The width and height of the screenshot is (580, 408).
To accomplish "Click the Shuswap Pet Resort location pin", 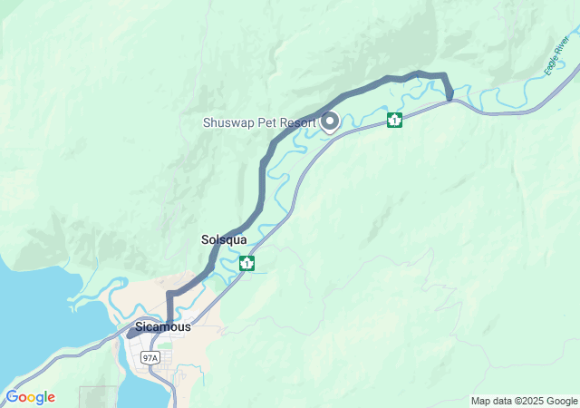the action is (x=329, y=121).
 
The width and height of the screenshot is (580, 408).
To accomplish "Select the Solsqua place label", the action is (x=223, y=240).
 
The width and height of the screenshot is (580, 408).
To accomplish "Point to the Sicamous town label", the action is (x=162, y=326).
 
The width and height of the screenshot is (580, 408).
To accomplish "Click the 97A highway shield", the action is (x=150, y=358).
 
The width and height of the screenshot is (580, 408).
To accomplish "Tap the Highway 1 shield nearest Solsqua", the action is (x=246, y=263).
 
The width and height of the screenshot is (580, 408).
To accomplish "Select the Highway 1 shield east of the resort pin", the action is (x=394, y=120).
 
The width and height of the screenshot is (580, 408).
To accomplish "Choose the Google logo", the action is (x=30, y=397).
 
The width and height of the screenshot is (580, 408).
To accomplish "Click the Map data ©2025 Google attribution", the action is (x=524, y=401).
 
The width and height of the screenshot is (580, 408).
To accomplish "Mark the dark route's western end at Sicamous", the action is (x=132, y=334).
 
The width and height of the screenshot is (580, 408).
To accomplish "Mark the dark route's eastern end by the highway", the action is (x=449, y=95).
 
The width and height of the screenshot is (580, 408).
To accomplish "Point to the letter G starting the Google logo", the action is (x=12, y=397).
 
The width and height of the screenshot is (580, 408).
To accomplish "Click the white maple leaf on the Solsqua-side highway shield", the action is (x=246, y=263).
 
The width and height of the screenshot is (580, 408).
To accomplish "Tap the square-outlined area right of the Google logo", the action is (x=98, y=397).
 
